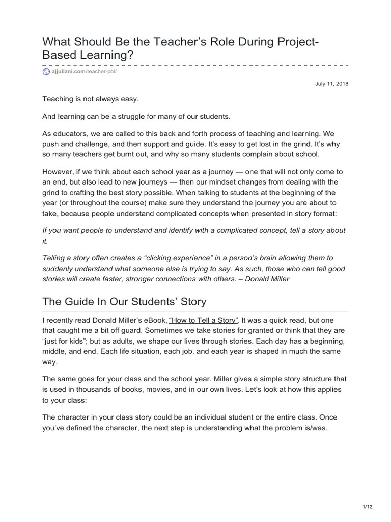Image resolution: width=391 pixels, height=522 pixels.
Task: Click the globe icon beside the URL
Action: tap(46, 73)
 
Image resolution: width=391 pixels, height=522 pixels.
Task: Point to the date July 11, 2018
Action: tap(332, 84)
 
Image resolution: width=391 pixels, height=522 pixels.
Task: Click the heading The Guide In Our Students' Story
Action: tap(124, 301)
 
